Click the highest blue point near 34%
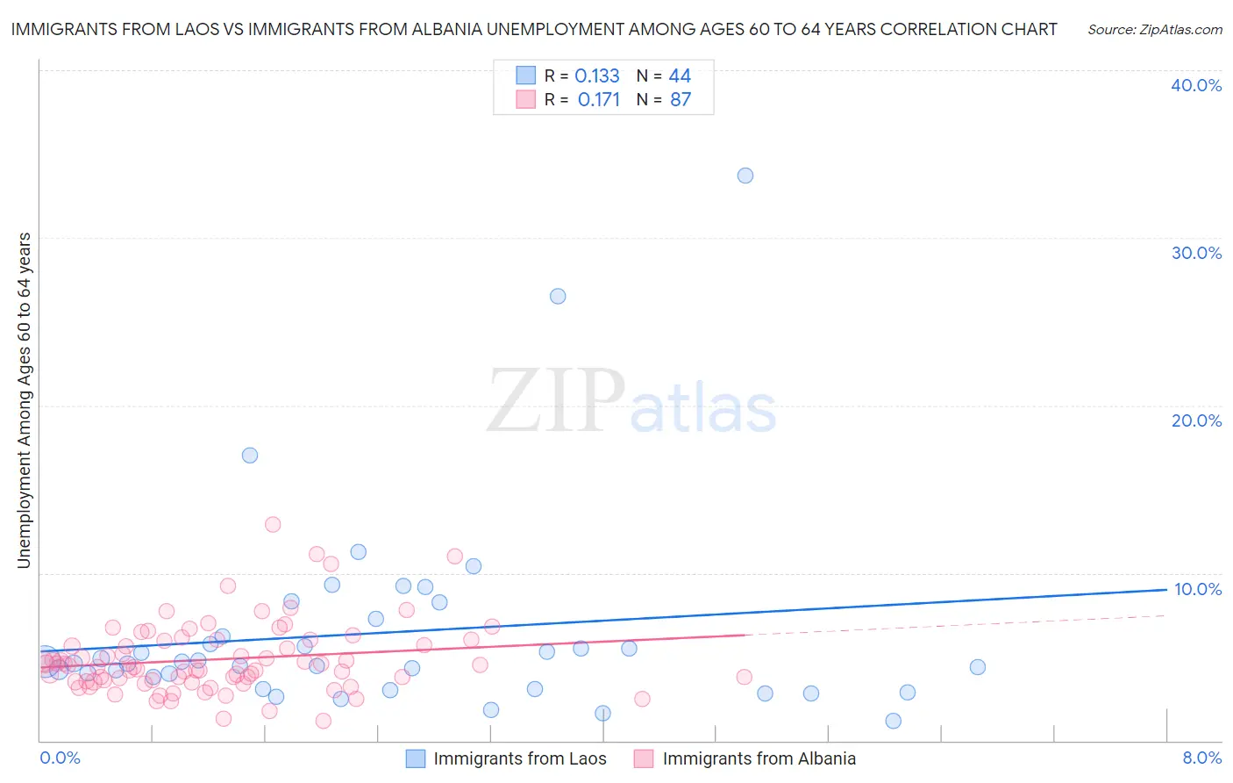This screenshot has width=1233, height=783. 745,176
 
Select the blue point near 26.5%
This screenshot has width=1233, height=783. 558,297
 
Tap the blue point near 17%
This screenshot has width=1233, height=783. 250,456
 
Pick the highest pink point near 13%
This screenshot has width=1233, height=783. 273,525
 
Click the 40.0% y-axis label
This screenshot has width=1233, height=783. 1196,85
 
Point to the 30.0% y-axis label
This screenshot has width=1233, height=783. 1196,253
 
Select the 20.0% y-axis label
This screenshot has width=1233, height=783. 1196,420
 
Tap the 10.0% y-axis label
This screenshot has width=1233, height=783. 1198,589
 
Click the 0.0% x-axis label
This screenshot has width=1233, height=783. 60,758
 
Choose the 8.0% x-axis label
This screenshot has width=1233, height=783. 1201,758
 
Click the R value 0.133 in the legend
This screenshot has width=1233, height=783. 597,76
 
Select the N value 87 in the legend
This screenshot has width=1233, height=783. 681,100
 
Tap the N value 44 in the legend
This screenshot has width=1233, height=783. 680,76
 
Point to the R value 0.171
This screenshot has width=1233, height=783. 599,100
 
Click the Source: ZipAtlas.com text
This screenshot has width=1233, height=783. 1154,30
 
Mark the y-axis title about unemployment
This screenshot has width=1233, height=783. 25,400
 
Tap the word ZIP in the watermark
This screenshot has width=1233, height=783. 555,402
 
